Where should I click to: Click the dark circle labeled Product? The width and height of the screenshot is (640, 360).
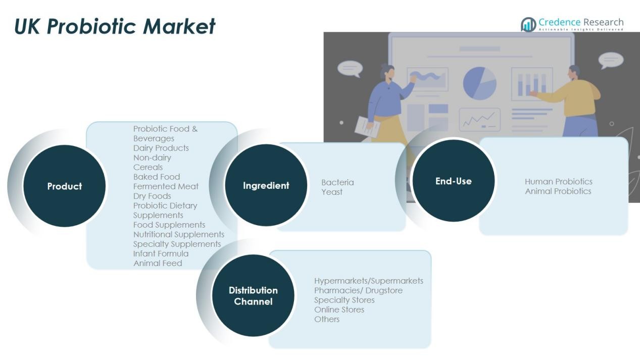pos(64,186)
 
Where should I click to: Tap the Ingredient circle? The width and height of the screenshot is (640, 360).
pos(266,185)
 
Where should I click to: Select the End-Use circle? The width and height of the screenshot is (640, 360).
pos(454,181)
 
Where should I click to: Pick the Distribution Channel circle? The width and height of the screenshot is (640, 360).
pos(253,295)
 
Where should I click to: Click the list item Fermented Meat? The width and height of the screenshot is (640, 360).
pos(166,186)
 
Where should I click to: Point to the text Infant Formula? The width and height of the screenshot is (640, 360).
pos(161,253)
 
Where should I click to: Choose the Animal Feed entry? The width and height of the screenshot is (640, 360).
pos(158,263)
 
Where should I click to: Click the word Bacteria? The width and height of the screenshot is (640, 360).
pos(337,182)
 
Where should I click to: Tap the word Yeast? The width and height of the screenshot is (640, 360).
pos(332,192)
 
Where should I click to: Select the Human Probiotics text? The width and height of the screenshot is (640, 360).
pos(559,182)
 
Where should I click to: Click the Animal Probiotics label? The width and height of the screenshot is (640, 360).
pos(558,191)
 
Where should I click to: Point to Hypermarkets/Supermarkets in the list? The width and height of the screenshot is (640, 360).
pos(369,281)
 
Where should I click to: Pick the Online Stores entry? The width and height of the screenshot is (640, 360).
pos(339,310)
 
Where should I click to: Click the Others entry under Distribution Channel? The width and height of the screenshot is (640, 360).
pos(327,319)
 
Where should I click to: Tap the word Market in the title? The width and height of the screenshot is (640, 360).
pos(179,26)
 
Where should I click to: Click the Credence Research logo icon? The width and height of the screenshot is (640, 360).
pos(528,25)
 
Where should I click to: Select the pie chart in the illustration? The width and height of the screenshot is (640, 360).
pos(480,83)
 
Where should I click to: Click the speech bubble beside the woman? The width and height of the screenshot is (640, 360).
pos(350,69)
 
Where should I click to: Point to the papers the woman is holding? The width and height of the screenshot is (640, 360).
pos(367,127)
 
